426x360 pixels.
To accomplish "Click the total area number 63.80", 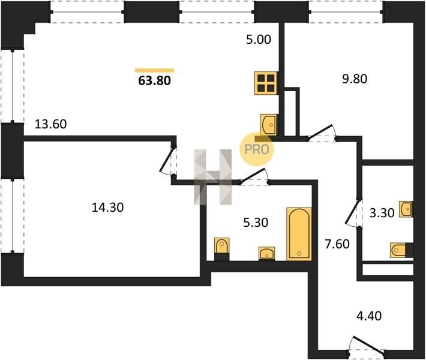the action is tap(155, 80).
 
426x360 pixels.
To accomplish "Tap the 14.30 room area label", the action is tap(108, 208).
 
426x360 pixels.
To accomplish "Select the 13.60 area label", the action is tap(51, 124).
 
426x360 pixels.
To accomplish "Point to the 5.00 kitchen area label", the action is tap(259, 40).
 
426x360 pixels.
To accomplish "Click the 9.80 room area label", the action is tap(355, 79).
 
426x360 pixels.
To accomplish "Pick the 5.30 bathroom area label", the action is tap(256, 223).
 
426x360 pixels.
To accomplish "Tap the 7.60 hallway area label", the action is tap(337, 244).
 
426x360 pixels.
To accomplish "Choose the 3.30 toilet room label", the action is tap(382, 213).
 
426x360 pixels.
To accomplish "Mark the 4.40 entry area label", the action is tap(369, 316).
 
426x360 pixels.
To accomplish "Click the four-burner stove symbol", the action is tap(266, 83).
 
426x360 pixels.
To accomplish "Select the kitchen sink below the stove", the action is tap(269, 125).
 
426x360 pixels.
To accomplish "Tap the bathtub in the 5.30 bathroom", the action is tap(299, 234).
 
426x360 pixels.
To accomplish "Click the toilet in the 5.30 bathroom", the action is tap(221, 249).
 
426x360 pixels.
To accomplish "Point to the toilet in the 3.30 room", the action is tap(401, 250).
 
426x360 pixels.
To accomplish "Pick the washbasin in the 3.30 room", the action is tap(406, 209).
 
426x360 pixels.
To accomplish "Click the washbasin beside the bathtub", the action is tap(266, 253).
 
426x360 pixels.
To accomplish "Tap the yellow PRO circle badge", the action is tap(256, 149).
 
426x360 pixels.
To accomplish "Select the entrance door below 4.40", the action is tap(367, 348).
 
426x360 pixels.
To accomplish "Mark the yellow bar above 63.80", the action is tap(155, 71).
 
